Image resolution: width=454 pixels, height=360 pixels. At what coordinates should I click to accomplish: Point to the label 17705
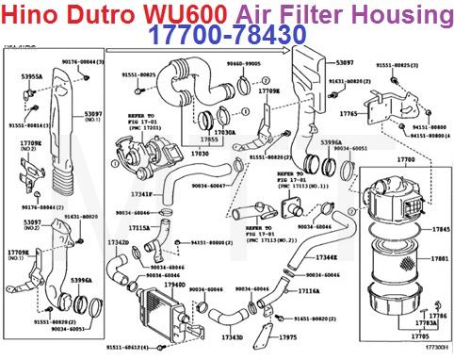coord(420,335)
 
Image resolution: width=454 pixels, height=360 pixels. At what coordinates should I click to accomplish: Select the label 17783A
coord(426,322)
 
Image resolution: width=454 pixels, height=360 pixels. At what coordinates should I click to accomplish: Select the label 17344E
coord(326,256)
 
